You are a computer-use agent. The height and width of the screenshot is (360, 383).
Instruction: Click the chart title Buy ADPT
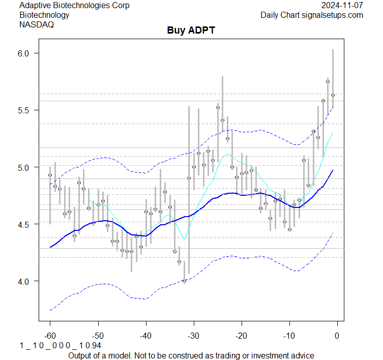[x=191, y=31]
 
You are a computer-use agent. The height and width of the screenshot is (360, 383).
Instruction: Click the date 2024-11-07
[x=342, y=6]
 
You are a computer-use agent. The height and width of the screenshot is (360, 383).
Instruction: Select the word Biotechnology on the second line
[x=44, y=15]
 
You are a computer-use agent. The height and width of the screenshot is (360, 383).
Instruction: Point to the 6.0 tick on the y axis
[x=25, y=53]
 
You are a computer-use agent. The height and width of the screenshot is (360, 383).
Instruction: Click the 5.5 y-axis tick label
[x=25, y=110]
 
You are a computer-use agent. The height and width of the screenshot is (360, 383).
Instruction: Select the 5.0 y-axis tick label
[x=25, y=167]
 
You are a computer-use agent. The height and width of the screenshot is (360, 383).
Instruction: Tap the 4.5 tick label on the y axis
[x=25, y=224]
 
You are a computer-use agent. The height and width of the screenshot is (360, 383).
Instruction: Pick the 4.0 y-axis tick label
[x=25, y=281]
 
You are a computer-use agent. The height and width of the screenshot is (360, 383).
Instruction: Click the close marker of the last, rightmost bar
[x=333, y=95]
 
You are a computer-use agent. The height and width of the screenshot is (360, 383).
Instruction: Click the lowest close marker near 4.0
[x=184, y=281]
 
